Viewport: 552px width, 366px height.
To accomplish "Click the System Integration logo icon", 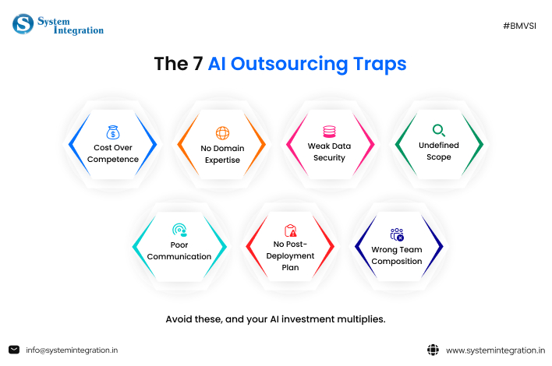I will (x=23, y=24).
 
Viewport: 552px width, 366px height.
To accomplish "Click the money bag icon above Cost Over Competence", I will (x=112, y=132).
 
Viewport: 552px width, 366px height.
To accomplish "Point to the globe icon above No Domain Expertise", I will (x=222, y=132).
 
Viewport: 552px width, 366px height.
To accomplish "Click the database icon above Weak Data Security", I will (x=330, y=132).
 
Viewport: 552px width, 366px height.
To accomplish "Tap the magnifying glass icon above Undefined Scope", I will (x=439, y=130).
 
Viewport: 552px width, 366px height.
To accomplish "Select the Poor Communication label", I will (x=179, y=251).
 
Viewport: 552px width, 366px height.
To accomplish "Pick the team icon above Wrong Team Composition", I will (x=397, y=234).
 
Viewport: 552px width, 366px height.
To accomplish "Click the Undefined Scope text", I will (x=439, y=151).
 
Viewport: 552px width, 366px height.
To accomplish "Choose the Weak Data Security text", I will (x=330, y=152).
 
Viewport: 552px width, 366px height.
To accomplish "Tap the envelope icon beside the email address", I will (x=14, y=350).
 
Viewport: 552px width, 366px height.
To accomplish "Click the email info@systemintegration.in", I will (x=72, y=350).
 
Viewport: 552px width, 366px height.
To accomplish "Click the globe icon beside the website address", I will (x=433, y=350).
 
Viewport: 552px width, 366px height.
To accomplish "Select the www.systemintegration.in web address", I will (x=494, y=350).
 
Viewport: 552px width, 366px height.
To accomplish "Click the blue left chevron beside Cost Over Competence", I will (x=73, y=144).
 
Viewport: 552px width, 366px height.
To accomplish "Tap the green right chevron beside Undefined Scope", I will (x=478, y=144).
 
